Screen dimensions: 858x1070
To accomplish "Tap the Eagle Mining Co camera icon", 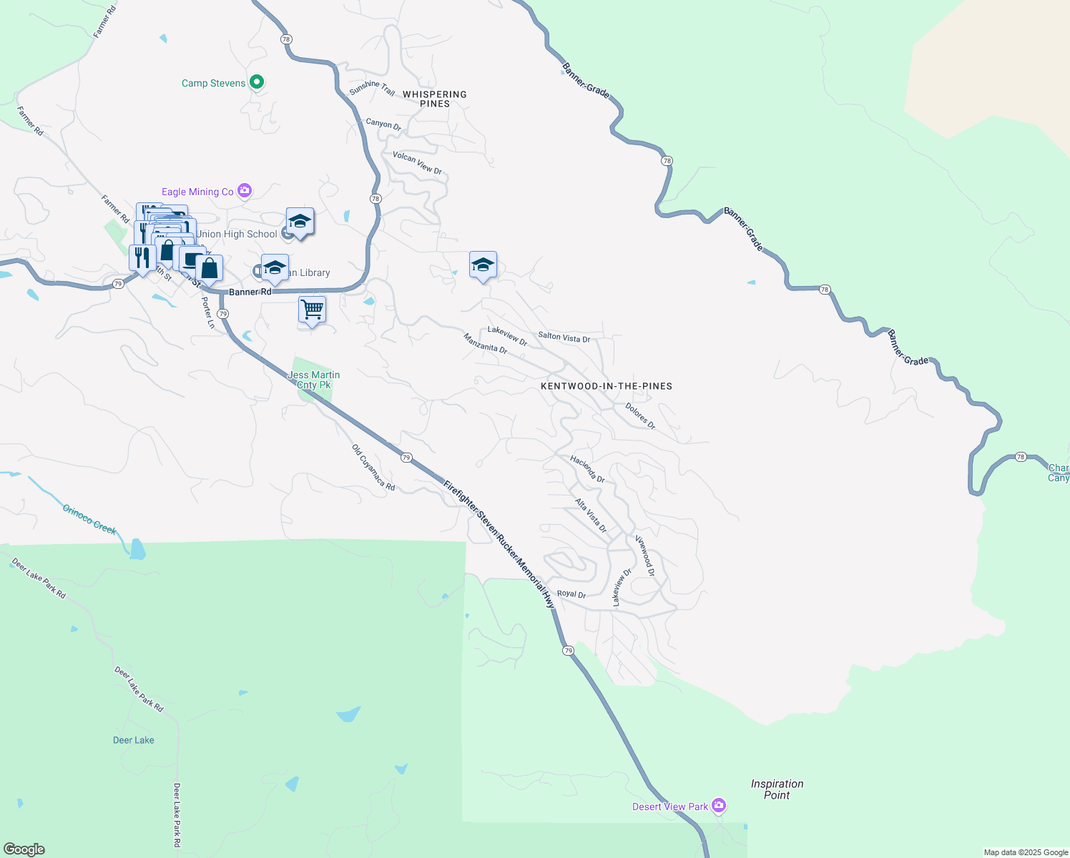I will (x=245, y=191).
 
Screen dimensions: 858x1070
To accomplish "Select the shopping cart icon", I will (x=312, y=310).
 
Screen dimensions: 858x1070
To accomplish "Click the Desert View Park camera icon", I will (x=719, y=806).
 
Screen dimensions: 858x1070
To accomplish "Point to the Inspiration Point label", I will (x=777, y=789).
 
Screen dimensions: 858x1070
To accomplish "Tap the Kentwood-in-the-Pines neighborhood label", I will (x=606, y=386).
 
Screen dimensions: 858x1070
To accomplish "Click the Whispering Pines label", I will (x=434, y=99).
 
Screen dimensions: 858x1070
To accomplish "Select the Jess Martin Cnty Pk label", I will (x=313, y=380).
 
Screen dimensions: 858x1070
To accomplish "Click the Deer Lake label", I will (x=134, y=740).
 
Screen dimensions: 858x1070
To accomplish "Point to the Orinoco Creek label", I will (x=89, y=519).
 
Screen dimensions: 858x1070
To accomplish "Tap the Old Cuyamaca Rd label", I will (x=373, y=468).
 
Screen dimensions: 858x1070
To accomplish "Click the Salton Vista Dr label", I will (x=564, y=337).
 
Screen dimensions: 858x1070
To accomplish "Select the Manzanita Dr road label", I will (x=485, y=343).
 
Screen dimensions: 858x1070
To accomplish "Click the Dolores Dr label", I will (x=640, y=415).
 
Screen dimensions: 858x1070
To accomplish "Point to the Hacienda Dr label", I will (x=587, y=469).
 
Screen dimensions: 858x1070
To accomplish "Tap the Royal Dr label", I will (x=571, y=594).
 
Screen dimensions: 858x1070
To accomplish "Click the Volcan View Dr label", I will (x=417, y=163).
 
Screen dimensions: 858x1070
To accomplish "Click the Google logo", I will (x=24, y=849).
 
